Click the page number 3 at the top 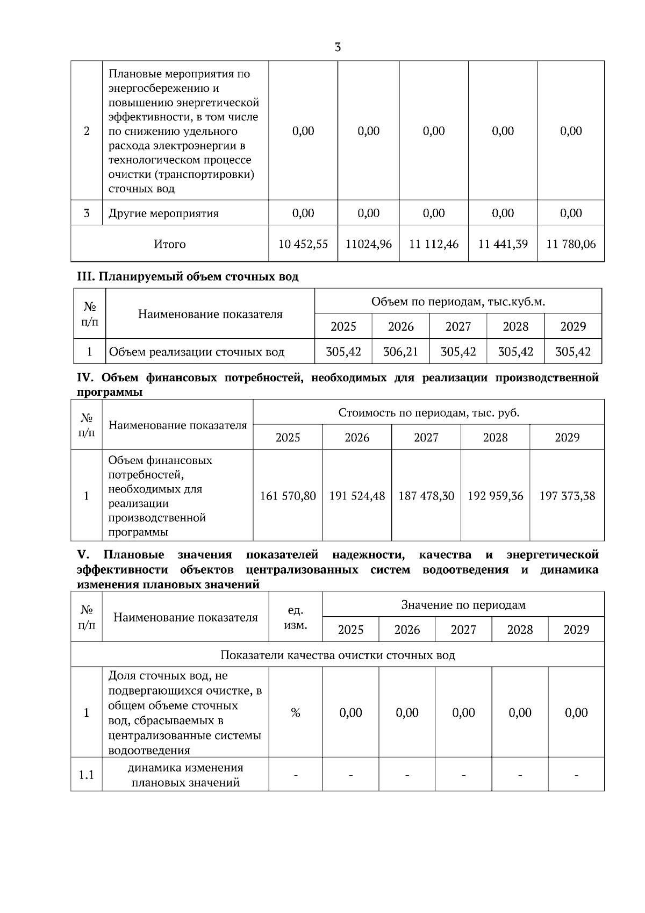(x=338, y=47)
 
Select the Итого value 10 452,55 (x=303, y=244)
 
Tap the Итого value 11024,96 (x=369, y=244)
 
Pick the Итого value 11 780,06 (x=571, y=244)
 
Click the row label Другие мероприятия (x=163, y=213)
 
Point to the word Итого (x=170, y=244)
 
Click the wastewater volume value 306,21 (x=400, y=352)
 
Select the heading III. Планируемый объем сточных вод (x=188, y=277)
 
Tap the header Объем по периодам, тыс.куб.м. (x=458, y=302)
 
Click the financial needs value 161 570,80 (x=288, y=496)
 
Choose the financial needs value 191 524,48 (x=357, y=496)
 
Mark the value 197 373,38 (x=567, y=496)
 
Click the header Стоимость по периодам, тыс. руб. (x=428, y=413)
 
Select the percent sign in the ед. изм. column (x=295, y=713)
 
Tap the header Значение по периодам (x=463, y=605)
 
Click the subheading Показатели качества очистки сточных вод (x=338, y=655)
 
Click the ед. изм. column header (x=295, y=618)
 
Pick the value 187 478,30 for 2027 (x=426, y=496)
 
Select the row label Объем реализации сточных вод (x=197, y=353)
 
